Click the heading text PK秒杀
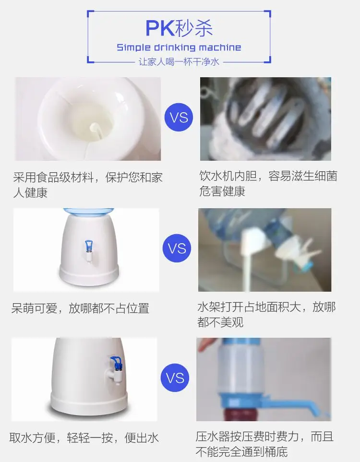pyautogui.click(x=179, y=28)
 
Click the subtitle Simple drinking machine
pyautogui.click(x=179, y=47)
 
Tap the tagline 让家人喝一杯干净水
pyautogui.click(x=179, y=62)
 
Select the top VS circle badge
pyautogui.click(x=179, y=117)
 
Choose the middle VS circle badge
pyautogui.click(x=177, y=248)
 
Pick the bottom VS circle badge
pyautogui.click(x=175, y=378)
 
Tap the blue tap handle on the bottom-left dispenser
pyautogui.click(x=116, y=363)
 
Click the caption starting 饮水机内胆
pyautogui.click(x=268, y=184)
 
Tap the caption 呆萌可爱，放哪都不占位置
pyautogui.click(x=80, y=308)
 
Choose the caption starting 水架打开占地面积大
pyautogui.click(x=266, y=314)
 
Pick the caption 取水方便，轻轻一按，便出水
pyautogui.click(x=84, y=438)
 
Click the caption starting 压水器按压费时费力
pyautogui.click(x=264, y=444)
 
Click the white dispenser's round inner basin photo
pyautogui.click(x=88, y=119)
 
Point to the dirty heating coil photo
pyautogui.click(x=265, y=119)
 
